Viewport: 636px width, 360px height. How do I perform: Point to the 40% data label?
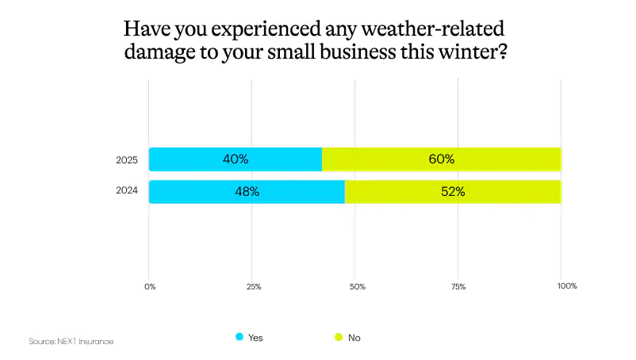click(236, 159)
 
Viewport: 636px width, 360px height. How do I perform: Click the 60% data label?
click(442, 159)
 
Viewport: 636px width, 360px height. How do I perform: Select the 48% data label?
click(247, 192)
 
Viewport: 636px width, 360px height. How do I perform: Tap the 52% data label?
click(452, 192)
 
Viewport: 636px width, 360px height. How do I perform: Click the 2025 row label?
click(127, 160)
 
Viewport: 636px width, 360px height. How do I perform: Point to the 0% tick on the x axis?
click(150, 285)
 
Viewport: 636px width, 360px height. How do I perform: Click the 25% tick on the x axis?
click(254, 285)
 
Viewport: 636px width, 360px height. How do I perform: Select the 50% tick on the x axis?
click(357, 285)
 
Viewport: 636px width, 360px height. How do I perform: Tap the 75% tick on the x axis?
click(458, 285)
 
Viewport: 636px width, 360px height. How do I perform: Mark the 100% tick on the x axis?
click(567, 285)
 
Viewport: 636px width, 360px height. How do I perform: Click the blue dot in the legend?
click(239, 337)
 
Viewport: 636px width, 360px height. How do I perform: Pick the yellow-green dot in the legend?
click(338, 337)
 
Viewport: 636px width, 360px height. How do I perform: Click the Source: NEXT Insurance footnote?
click(71, 341)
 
